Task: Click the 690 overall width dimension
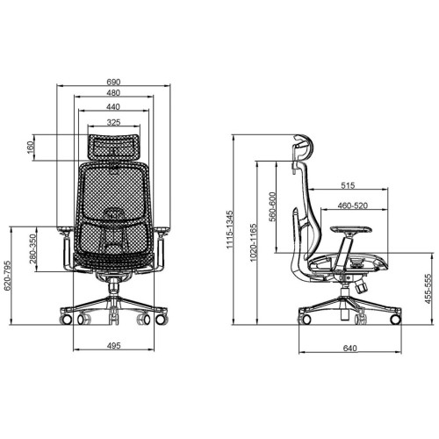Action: [113, 82]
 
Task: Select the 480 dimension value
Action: [113, 93]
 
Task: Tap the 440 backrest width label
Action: [113, 107]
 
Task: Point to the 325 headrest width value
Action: [113, 122]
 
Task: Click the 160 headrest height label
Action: [30, 148]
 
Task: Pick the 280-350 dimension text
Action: [33, 248]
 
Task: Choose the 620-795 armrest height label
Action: [7, 276]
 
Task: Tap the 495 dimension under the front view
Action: [113, 346]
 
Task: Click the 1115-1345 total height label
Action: [230, 229]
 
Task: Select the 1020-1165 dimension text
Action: [253, 242]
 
